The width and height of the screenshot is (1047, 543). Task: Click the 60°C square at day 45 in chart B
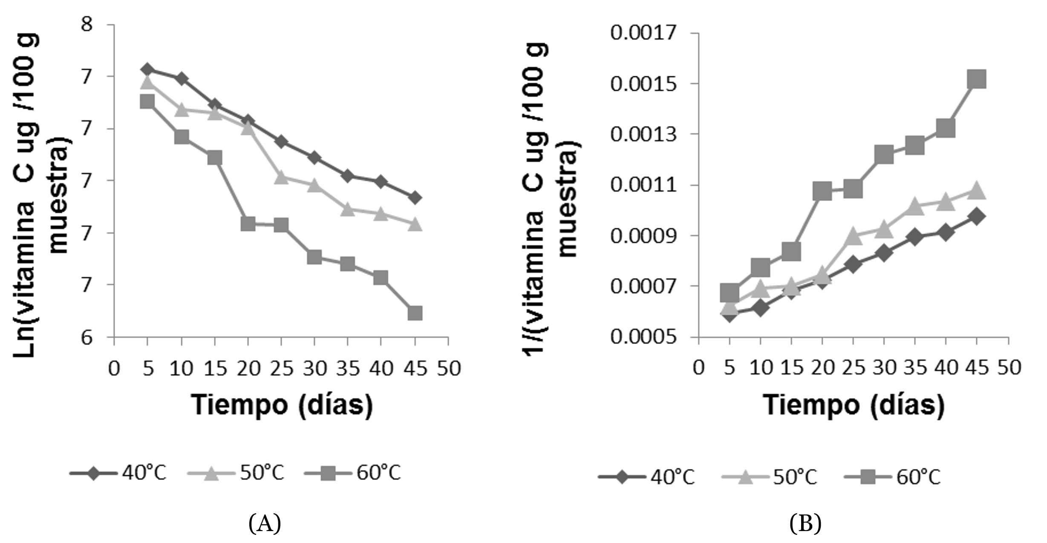pyautogui.click(x=977, y=80)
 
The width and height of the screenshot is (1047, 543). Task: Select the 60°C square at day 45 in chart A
pyautogui.click(x=415, y=313)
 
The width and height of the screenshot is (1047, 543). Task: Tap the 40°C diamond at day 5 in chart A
pyautogui.click(x=147, y=69)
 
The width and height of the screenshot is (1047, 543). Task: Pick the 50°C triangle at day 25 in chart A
pyautogui.click(x=281, y=177)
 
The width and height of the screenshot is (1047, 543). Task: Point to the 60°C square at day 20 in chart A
pyautogui.click(x=248, y=224)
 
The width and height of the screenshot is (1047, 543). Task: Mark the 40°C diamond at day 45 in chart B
pyautogui.click(x=977, y=216)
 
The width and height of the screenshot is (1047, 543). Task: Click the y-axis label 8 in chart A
pyautogui.click(x=87, y=24)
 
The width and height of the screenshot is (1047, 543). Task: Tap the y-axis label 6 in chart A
pyautogui.click(x=87, y=338)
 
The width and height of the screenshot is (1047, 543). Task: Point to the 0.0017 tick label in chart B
pyautogui.click(x=643, y=33)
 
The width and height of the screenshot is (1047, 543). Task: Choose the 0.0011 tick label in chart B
pyautogui.click(x=643, y=185)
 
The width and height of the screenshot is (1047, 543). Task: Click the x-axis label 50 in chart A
pyautogui.click(x=449, y=368)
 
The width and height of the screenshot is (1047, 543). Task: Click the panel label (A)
pyautogui.click(x=265, y=523)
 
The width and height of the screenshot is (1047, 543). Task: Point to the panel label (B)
pyautogui.click(x=805, y=523)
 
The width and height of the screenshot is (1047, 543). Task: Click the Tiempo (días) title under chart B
pyautogui.click(x=854, y=405)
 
